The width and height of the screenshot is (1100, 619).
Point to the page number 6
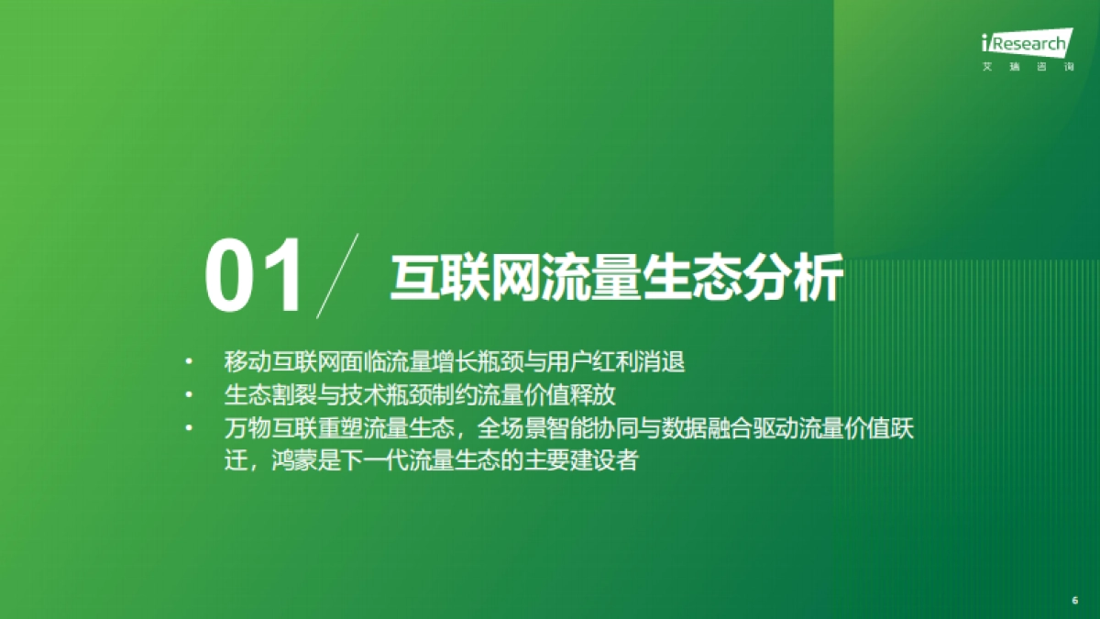[x=1074, y=600]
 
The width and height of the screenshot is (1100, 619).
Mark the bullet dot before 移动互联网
[x=190, y=361]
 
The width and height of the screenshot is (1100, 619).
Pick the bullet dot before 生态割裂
[x=190, y=395]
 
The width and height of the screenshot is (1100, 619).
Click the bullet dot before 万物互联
[x=190, y=428]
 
